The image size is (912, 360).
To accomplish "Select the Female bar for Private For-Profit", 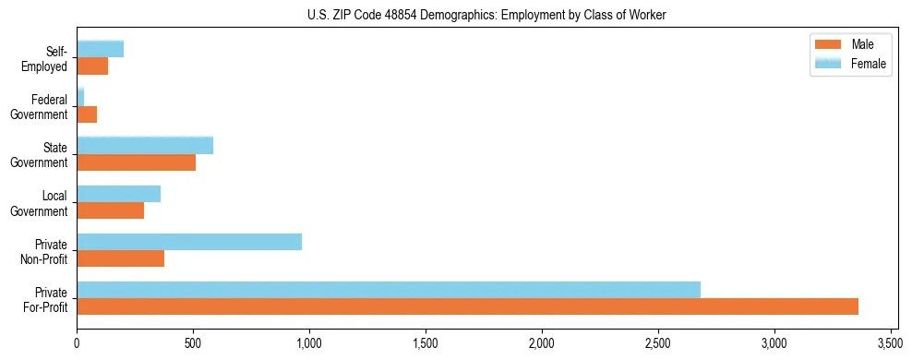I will click(x=389, y=290).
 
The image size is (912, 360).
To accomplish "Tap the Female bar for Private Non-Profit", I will click(x=189, y=242).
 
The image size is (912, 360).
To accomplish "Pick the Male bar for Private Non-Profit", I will click(x=120, y=258).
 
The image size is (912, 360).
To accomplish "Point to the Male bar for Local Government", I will click(x=110, y=210).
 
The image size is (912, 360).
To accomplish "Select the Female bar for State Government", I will click(x=145, y=146).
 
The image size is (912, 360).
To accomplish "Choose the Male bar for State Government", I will click(x=136, y=162).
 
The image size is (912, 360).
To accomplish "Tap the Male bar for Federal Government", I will click(x=87, y=114).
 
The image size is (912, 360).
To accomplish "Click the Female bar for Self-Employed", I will click(x=100, y=49).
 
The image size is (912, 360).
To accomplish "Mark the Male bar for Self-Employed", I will click(x=92, y=66).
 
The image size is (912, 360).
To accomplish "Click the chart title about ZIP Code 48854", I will click(x=486, y=15).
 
